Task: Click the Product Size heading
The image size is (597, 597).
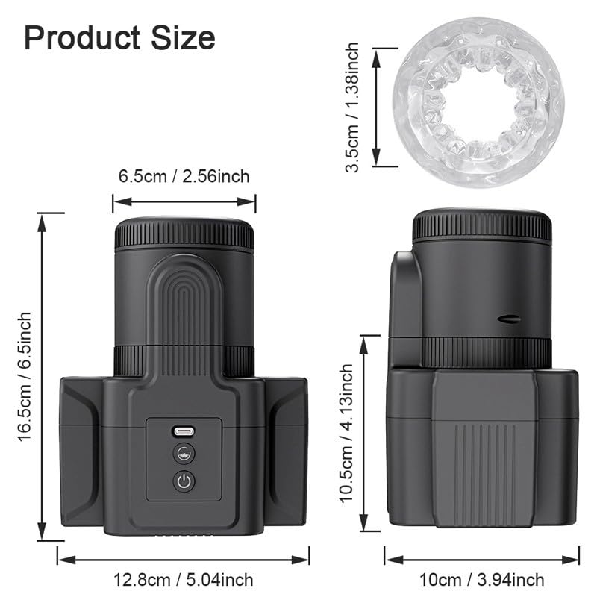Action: [x=119, y=37]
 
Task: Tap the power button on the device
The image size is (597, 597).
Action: [x=184, y=481]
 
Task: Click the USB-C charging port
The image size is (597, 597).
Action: [x=184, y=431]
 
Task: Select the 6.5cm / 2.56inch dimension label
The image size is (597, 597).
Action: [x=184, y=177]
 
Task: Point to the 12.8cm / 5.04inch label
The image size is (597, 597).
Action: [x=184, y=580]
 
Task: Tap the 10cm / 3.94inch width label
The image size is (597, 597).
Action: [x=482, y=580]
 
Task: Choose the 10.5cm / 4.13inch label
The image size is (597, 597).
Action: [x=346, y=433]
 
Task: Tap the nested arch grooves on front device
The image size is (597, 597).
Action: [x=184, y=298]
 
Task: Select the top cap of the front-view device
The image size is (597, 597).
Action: [x=184, y=233]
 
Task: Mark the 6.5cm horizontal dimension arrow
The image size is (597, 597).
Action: [x=184, y=200]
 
